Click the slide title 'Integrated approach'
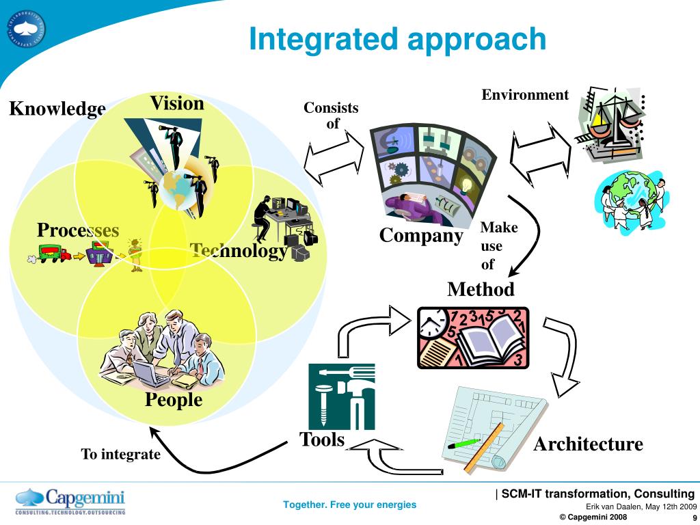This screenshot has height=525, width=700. [x=397, y=39]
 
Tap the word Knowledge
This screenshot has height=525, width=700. [x=57, y=109]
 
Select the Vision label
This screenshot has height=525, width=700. [x=177, y=103]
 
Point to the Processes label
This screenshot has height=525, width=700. [x=78, y=230]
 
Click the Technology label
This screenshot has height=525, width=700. [x=239, y=251]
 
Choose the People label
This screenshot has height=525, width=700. [x=174, y=399]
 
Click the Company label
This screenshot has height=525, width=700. [x=421, y=236]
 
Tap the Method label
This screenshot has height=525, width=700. [x=481, y=289]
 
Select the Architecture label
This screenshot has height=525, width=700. [x=588, y=444]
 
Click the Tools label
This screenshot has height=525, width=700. [x=322, y=440]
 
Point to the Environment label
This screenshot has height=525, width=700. [x=525, y=95]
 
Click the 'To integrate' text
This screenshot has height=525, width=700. [x=120, y=454]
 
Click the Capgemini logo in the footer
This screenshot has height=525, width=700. [x=70, y=500]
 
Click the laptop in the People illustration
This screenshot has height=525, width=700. [x=149, y=373]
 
